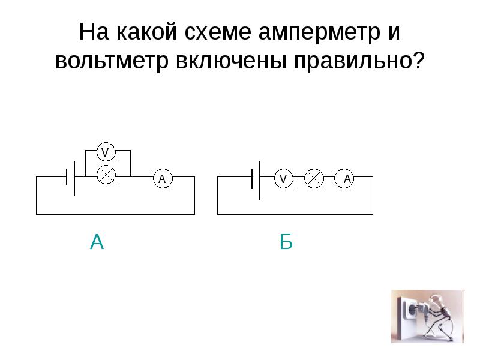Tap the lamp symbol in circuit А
pos(106,174)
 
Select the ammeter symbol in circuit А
pos(161,179)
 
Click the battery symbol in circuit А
pos(71,178)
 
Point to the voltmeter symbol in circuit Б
pos(283,178)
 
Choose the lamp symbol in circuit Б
pos(314,178)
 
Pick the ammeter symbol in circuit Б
pos(346,178)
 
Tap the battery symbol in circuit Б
pos(256,179)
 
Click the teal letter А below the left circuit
pos(97,242)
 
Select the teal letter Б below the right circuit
pos(286,242)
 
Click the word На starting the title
pos(93,32)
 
